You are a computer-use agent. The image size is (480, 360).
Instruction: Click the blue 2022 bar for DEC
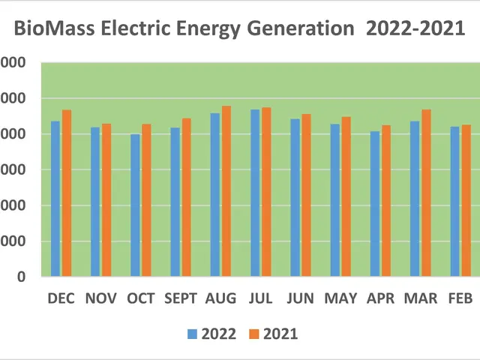click(x=55, y=199)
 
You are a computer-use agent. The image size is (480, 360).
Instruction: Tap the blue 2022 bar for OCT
click(x=135, y=205)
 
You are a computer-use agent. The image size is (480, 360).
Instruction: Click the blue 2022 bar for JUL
click(x=255, y=193)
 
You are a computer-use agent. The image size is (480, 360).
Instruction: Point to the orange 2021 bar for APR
click(x=386, y=201)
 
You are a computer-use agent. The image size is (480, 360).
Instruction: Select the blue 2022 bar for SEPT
click(x=175, y=202)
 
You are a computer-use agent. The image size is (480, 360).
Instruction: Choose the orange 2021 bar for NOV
click(x=106, y=200)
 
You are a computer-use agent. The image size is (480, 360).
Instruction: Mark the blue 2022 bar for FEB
click(x=454, y=202)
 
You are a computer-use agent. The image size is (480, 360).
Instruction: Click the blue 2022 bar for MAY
click(x=335, y=200)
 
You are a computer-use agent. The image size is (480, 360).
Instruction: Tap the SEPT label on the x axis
click(x=180, y=298)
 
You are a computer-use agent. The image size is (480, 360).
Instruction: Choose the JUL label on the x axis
click(x=260, y=298)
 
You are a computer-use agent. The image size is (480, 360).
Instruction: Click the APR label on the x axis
click(x=380, y=298)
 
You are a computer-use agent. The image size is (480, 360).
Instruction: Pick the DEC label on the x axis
click(x=61, y=298)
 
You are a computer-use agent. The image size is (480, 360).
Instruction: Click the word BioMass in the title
click(x=49, y=31)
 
